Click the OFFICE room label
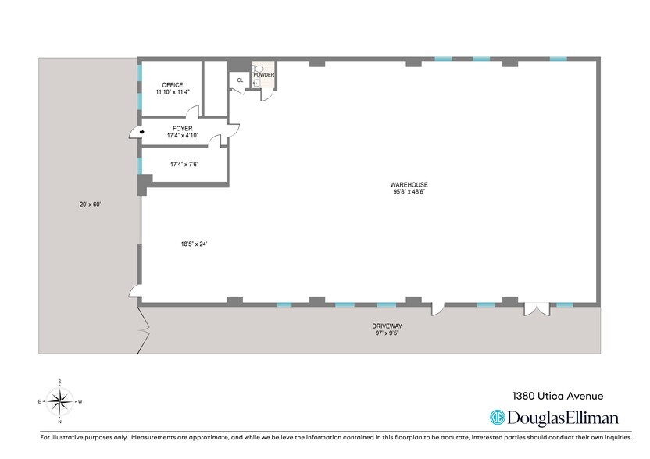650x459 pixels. pyautogui.click(x=173, y=85)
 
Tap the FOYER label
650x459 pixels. pyautogui.click(x=182, y=129)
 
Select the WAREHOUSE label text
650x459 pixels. pyautogui.click(x=409, y=185)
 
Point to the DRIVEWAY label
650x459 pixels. pyautogui.click(x=387, y=326)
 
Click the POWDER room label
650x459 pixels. pyautogui.click(x=263, y=75)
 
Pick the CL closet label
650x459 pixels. pyautogui.click(x=240, y=80)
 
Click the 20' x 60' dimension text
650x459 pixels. pyautogui.click(x=91, y=205)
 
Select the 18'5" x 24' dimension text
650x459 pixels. pyautogui.click(x=194, y=244)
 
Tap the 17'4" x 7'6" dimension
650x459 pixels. pyautogui.click(x=184, y=165)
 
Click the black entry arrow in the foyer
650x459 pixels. pyautogui.click(x=142, y=132)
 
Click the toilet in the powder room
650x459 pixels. pyautogui.click(x=259, y=68)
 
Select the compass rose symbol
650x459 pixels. pyautogui.click(x=60, y=401)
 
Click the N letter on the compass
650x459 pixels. pyautogui.click(x=60, y=422)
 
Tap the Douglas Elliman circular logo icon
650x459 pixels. pyautogui.click(x=497, y=417)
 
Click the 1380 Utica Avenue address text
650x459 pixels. pyautogui.click(x=558, y=396)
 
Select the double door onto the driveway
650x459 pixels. pyautogui.click(x=537, y=309)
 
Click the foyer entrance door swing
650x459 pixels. pyautogui.click(x=134, y=133)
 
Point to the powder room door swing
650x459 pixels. pyautogui.click(x=266, y=96)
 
